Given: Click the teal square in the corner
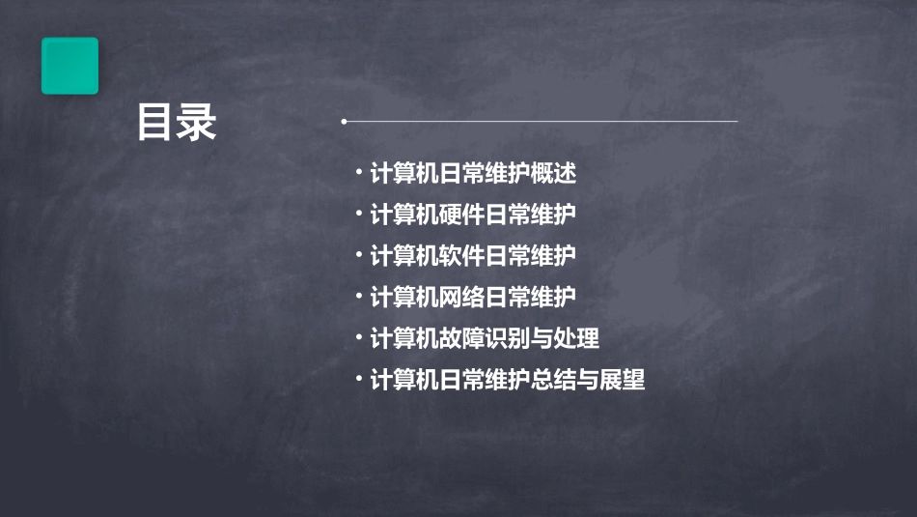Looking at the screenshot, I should click(x=69, y=66).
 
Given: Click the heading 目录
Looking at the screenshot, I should click(x=177, y=123).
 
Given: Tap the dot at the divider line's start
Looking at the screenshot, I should click(x=344, y=122).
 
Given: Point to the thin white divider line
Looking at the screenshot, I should click(x=541, y=122).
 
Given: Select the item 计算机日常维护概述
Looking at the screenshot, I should click(x=472, y=174).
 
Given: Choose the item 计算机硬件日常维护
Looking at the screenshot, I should click(x=472, y=215).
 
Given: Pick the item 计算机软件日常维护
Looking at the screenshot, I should click(x=472, y=256).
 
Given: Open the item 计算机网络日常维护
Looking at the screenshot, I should click(x=472, y=297).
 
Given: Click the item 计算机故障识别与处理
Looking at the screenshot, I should click(x=484, y=338).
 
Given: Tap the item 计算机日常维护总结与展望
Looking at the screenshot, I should click(x=507, y=380).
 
